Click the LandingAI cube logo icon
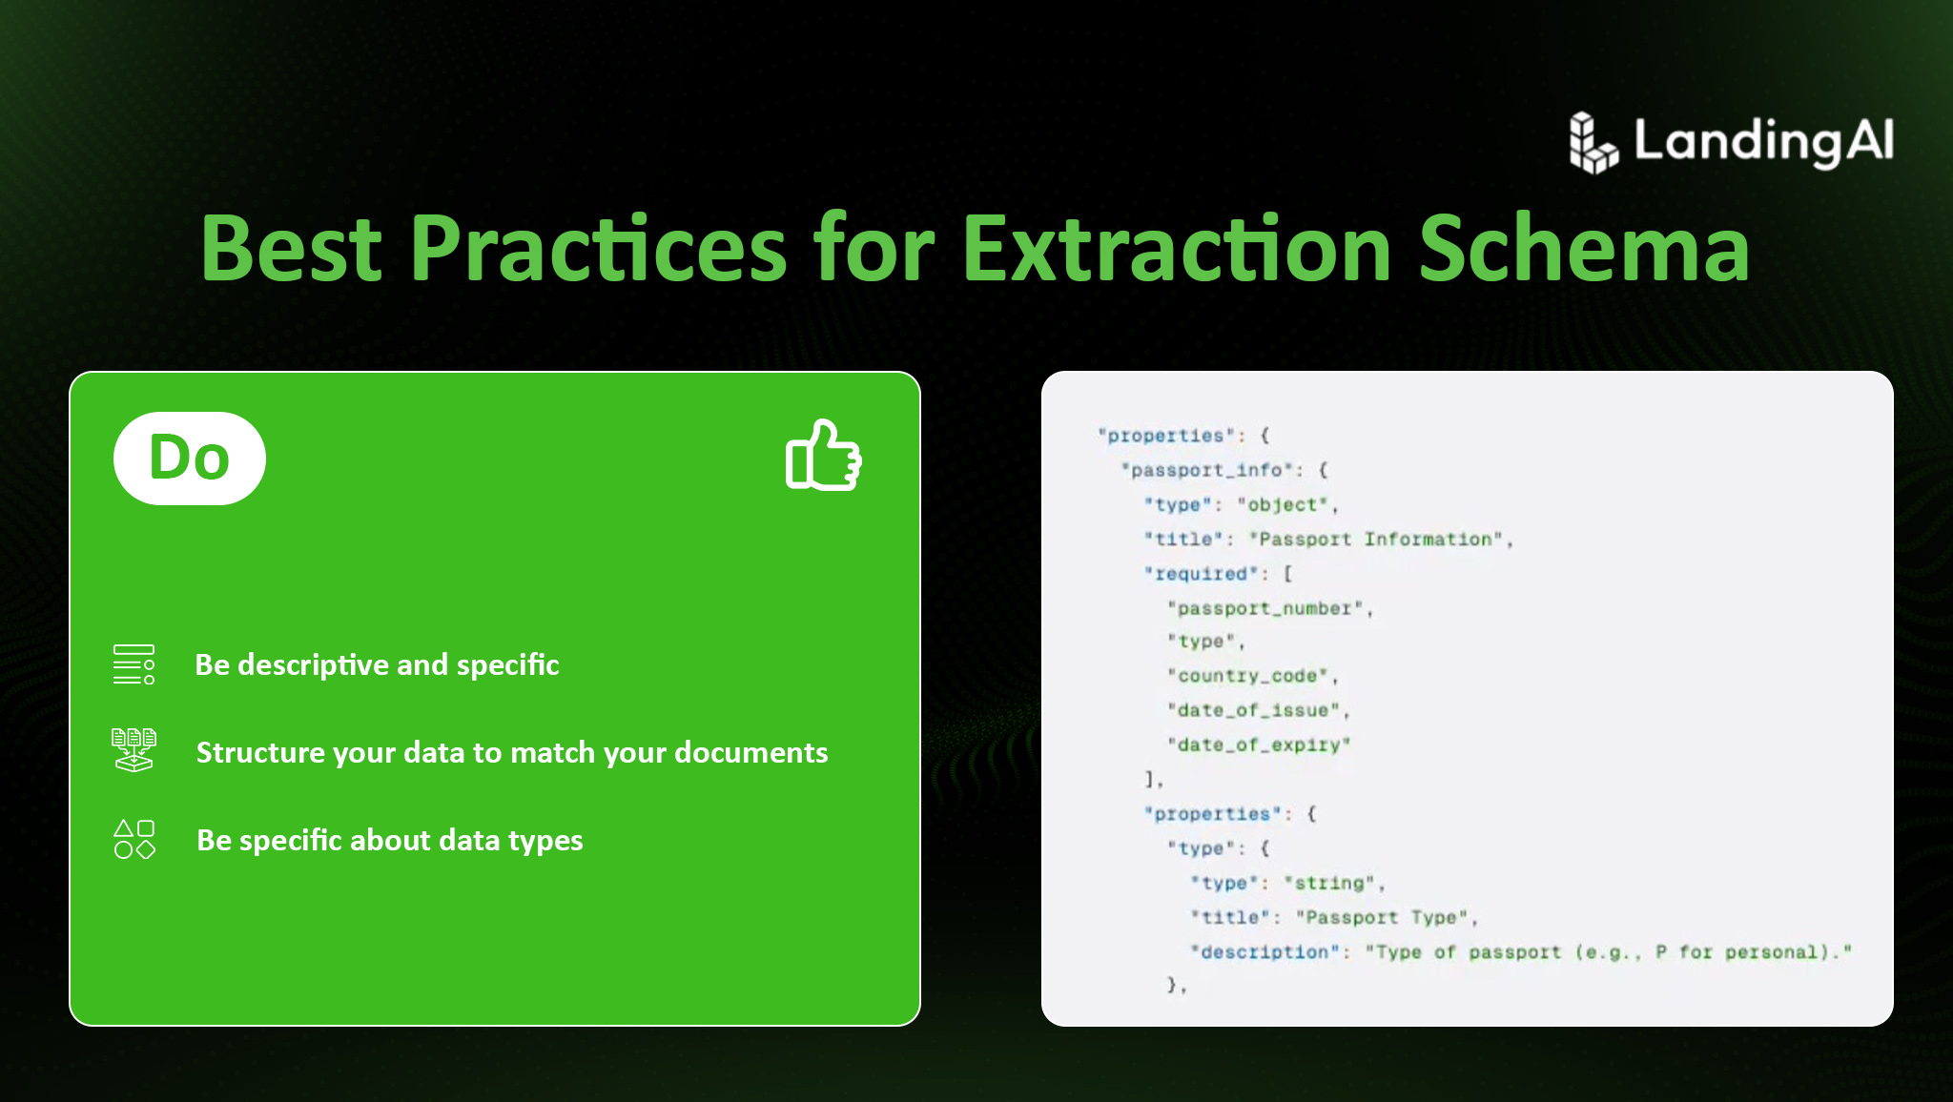pos(1593,143)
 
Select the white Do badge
pos(190,459)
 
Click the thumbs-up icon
pos(823,455)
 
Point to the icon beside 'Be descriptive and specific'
pos(134,664)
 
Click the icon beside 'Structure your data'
pos(134,750)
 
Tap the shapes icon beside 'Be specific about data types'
pos(134,839)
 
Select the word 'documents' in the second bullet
pos(751,752)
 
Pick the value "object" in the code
pos(1283,504)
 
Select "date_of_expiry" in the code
pos(1259,745)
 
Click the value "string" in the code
pos(1329,883)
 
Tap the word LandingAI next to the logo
pos(1764,141)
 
